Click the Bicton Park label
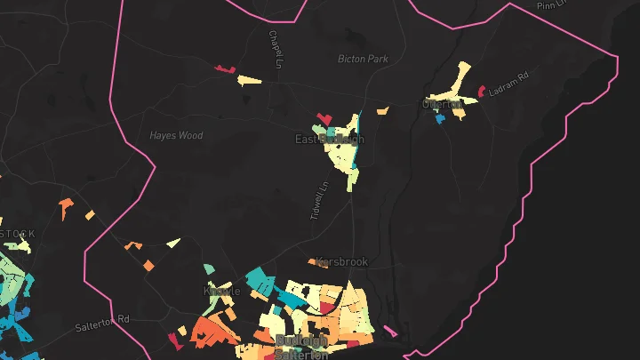[x=364, y=59]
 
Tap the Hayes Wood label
[x=176, y=136]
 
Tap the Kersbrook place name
[x=341, y=262]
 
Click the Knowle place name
[x=222, y=291]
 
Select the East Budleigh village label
[x=329, y=140]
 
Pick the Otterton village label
[x=443, y=104]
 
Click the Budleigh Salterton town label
[x=302, y=347]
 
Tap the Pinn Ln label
[x=551, y=4]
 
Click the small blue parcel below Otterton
[x=439, y=117]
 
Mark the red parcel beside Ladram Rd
[x=481, y=91]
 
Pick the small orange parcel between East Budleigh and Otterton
[x=382, y=111]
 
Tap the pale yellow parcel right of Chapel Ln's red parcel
[x=249, y=81]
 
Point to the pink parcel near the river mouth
[x=390, y=332]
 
